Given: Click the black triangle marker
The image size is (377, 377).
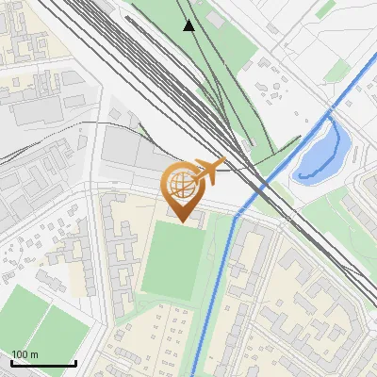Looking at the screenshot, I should click(x=189, y=25).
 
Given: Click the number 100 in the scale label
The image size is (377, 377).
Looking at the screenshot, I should click(x=21, y=354).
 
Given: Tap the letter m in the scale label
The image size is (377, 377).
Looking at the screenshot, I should click(x=35, y=354).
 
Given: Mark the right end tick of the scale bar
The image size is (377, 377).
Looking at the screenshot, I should click(x=75, y=363).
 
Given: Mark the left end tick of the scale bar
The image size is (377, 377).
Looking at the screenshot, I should click(x=11, y=363).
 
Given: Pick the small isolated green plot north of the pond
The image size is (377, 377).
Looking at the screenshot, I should click(x=324, y=8).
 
